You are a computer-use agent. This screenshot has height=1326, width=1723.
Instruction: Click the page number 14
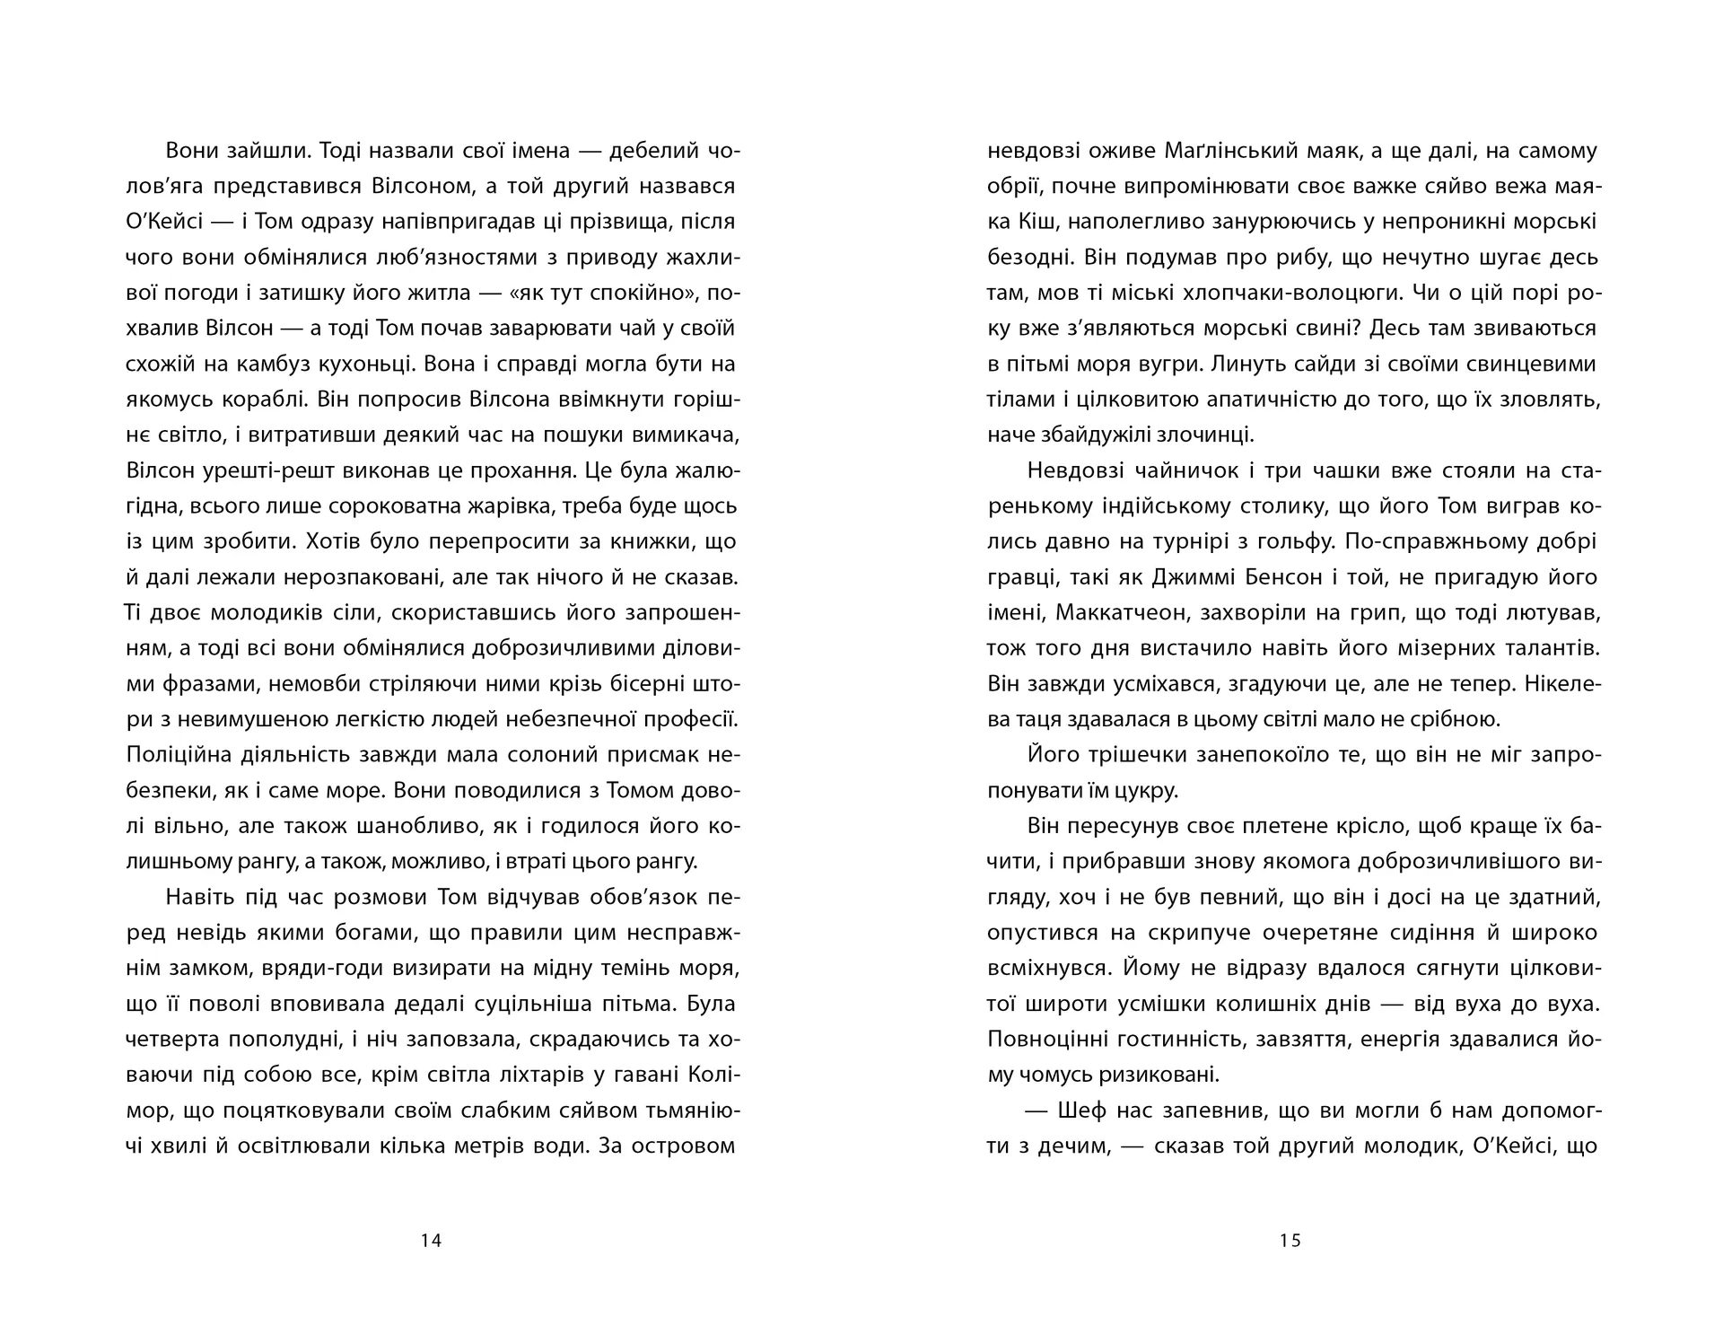pyautogui.click(x=431, y=1241)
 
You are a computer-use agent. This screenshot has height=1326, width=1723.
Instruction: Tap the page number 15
pyautogui.click(x=1290, y=1241)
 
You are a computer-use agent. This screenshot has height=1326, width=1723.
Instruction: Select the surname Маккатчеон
pyautogui.click(x=1136, y=613)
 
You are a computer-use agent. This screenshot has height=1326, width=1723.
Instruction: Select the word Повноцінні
pyautogui.click(x=1046, y=1040)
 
